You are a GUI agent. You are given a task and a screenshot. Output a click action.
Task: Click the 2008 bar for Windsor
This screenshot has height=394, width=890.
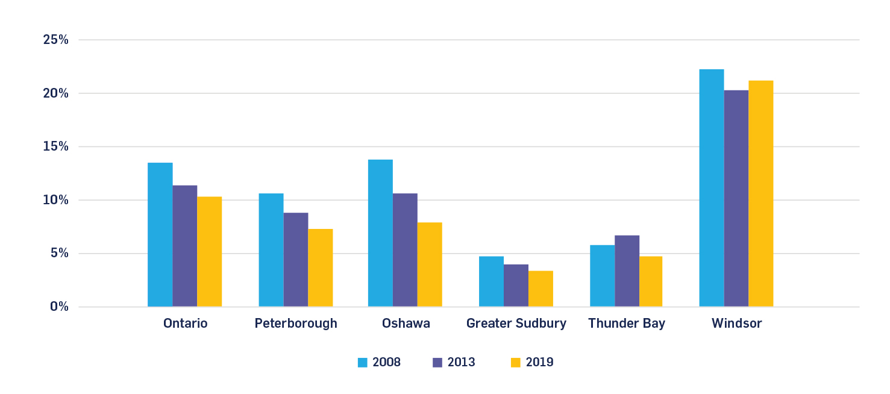(711, 188)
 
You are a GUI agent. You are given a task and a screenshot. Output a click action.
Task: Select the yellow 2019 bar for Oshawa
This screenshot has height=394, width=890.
(430, 264)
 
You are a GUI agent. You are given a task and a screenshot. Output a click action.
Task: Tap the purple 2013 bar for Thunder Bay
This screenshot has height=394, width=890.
(627, 271)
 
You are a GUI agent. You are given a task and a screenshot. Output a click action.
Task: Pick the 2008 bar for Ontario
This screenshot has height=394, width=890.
(160, 235)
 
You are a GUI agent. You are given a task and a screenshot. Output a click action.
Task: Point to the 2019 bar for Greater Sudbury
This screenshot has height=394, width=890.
(541, 289)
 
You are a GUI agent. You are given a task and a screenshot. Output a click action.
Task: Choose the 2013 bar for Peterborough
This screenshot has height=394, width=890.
(296, 260)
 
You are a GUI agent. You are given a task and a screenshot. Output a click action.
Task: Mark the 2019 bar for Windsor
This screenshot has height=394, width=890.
(760, 193)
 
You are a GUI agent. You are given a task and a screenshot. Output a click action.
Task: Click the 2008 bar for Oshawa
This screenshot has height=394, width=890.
(380, 233)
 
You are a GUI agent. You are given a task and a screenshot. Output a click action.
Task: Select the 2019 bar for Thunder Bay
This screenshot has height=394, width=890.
(651, 281)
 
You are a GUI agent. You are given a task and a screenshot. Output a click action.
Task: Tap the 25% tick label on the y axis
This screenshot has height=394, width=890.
(56, 40)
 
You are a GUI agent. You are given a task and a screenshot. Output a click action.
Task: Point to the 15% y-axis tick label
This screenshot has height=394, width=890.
(56, 147)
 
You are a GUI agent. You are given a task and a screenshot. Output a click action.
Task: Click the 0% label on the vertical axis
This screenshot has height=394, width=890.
(59, 307)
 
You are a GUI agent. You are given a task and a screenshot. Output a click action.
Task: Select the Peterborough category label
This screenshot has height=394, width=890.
(296, 324)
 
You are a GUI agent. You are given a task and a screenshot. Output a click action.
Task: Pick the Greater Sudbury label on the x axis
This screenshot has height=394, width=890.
(516, 324)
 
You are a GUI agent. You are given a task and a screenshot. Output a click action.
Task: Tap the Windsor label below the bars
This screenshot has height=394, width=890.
(736, 324)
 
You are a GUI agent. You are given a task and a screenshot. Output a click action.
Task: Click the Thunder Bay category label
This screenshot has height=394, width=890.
(627, 324)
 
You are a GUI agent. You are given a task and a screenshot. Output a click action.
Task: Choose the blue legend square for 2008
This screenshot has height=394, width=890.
(363, 363)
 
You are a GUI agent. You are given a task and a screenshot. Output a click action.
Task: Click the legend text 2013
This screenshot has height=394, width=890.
(461, 363)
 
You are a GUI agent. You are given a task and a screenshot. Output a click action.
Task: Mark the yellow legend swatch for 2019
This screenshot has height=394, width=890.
(515, 363)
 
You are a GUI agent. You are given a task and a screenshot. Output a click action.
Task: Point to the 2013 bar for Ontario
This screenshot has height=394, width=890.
(185, 246)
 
